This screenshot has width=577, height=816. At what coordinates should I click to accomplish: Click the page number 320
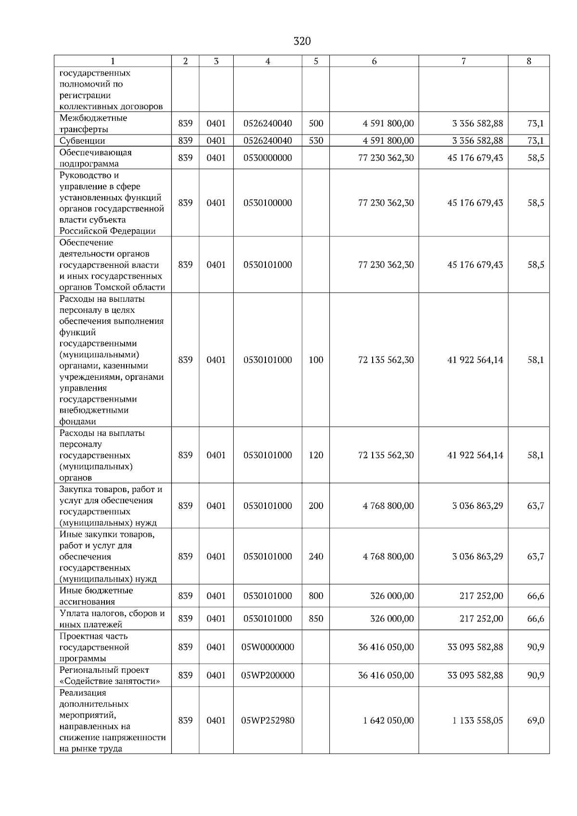coord(302,41)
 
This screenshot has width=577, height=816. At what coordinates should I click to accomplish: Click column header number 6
coord(374,61)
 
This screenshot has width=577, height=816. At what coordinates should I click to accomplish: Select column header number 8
coord(529,61)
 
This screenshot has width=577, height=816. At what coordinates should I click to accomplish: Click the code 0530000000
coord(268,158)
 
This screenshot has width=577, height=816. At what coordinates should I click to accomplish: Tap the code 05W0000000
coord(268,647)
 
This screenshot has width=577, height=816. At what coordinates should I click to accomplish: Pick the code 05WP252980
coord(268,720)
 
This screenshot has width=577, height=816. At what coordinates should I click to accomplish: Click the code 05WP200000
coord(268,675)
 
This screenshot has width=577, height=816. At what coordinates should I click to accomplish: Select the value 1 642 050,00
coord(388,720)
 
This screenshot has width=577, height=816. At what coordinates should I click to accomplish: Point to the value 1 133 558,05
coord(477,720)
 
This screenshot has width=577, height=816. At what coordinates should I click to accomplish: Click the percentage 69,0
coord(536,720)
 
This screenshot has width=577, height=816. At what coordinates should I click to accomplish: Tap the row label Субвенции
coord(82,141)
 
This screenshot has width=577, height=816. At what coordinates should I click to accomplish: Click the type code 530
coord(316,141)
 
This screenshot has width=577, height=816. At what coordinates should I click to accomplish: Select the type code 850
coord(316,618)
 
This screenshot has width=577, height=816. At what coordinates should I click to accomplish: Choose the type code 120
coord(316,455)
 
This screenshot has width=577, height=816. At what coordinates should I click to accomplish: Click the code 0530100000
coord(268,203)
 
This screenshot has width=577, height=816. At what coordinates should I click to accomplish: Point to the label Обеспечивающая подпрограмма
coord(95,158)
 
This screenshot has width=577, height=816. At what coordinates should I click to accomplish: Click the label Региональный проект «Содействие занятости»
coord(109,675)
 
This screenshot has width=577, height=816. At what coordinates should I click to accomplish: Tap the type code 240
coord(316,556)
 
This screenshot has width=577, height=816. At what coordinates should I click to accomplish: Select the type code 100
coord(316,360)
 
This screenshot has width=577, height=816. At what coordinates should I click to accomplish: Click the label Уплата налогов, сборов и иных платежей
coord(112,618)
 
